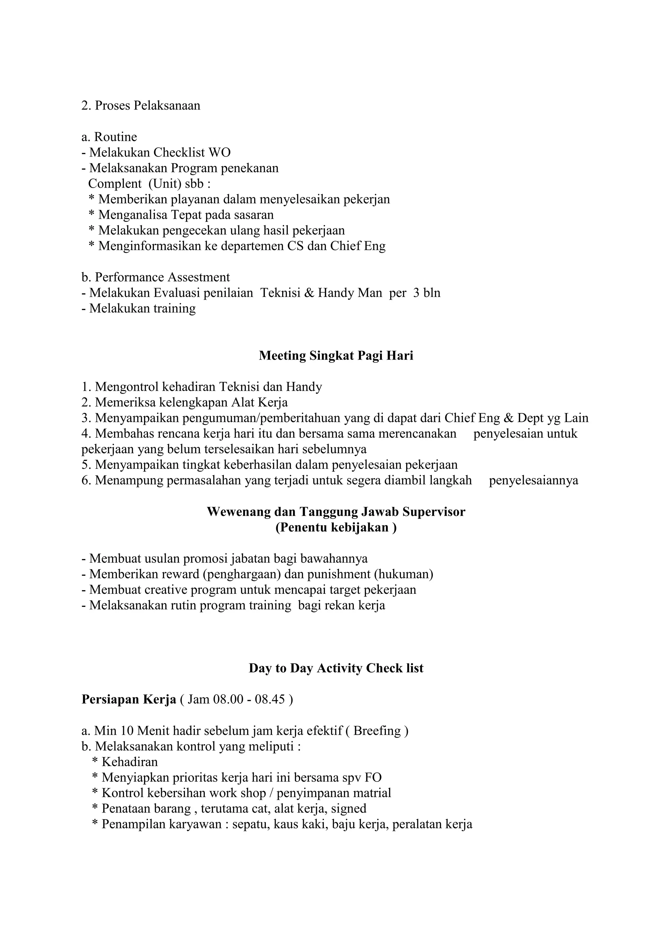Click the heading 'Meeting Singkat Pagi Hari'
coord(336,356)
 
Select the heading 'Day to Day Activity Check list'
coord(336,668)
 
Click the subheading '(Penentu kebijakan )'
coord(336,527)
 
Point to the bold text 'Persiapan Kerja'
coord(129,699)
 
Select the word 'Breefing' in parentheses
coord(377,731)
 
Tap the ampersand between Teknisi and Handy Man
coord(309,293)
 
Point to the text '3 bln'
coord(427,293)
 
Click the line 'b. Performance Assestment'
coord(156,277)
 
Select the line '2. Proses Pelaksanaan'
coord(141,106)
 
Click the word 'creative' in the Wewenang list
coord(162,589)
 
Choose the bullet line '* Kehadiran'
coord(125,762)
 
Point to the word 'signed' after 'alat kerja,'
coord(348,809)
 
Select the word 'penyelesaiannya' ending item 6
coord(534,480)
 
